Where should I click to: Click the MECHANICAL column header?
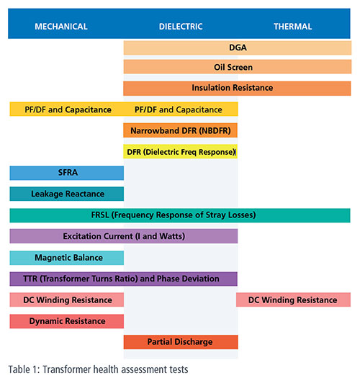click(61, 26)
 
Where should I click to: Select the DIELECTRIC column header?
click(181, 26)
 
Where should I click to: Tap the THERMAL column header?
click(293, 26)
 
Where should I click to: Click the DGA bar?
click(238, 48)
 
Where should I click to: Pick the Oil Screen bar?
click(238, 67)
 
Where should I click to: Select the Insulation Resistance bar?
click(237, 89)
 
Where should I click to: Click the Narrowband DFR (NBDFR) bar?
click(180, 130)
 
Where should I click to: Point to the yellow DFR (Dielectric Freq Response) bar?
click(180, 151)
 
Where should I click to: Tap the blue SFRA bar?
click(66, 173)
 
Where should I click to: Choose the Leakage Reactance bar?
click(66, 194)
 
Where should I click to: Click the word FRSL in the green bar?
click(100, 215)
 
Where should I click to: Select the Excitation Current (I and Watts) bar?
click(123, 236)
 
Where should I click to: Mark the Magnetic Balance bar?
click(66, 258)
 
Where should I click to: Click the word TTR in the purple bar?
click(30, 279)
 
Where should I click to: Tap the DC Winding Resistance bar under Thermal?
click(293, 300)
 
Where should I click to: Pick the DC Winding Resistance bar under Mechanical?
click(66, 300)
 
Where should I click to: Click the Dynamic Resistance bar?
click(66, 321)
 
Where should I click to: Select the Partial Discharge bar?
click(181, 342)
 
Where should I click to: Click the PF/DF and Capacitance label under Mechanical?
click(68, 109)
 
